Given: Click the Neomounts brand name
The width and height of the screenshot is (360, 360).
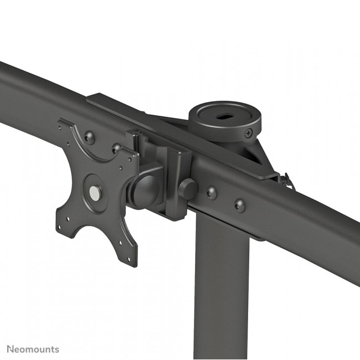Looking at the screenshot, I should coord(33,349).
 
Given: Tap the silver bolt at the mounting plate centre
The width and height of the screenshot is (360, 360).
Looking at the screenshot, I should coord(96,192).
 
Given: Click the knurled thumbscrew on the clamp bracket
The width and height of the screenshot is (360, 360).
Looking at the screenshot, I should coord(188,189).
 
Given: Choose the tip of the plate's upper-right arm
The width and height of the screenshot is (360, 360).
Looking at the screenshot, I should coord(133,155).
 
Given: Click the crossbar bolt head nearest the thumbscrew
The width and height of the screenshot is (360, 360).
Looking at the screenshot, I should coord(212,193).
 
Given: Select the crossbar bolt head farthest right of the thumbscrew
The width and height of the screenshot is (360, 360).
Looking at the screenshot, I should coord(239,204).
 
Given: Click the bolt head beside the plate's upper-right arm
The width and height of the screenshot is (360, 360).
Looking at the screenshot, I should coord(116,148).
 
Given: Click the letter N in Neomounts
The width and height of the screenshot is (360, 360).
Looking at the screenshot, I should coord(10,349).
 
